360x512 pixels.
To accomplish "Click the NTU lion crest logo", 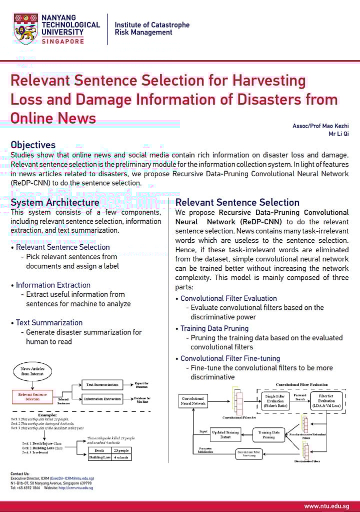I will click(x=26, y=29).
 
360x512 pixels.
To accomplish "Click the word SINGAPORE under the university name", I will click(x=63, y=42).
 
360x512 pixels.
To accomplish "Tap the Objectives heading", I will click(x=33, y=145).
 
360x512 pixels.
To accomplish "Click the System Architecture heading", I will click(x=55, y=202).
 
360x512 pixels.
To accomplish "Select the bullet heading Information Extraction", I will click(x=53, y=285).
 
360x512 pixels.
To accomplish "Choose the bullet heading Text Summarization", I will click(x=49, y=323).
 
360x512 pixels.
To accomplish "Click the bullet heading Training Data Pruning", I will click(x=214, y=328).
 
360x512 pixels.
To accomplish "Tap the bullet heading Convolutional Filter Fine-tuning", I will click(x=230, y=358).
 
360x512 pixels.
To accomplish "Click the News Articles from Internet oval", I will click(x=32, y=371).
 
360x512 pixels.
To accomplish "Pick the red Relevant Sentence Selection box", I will click(x=32, y=397).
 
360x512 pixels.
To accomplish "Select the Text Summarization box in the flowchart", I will click(x=102, y=385).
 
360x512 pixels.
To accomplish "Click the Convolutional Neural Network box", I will click(x=192, y=401).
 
